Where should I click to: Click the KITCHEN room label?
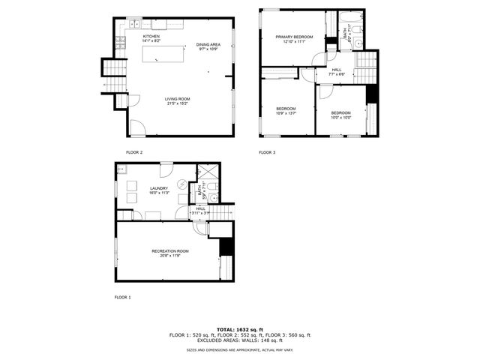(151, 36)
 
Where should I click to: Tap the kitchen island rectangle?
(163, 53)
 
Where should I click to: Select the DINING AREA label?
(207, 45)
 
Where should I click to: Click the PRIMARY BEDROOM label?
(293, 37)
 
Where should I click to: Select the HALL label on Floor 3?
(337, 70)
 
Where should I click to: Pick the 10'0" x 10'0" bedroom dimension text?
(341, 117)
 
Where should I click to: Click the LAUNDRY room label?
(158, 189)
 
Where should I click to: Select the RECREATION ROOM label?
(170, 250)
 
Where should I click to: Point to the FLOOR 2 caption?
(133, 152)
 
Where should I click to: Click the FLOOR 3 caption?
(267, 152)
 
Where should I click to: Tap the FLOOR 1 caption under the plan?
(122, 298)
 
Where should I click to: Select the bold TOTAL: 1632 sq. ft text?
(240, 329)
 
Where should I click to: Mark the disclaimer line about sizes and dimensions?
(240, 349)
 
